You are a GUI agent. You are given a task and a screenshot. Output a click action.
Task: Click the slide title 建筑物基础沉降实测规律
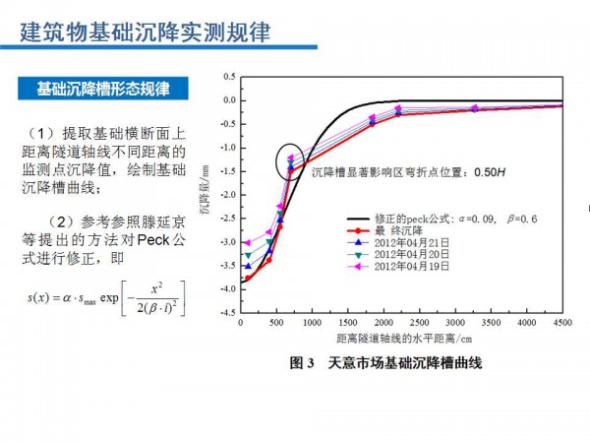click(x=145, y=32)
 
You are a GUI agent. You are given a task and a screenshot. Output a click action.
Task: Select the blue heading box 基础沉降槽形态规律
click(x=103, y=89)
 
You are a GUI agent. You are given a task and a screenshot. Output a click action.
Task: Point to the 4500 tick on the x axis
click(x=561, y=323)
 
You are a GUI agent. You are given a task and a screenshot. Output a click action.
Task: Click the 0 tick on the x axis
click(x=240, y=323)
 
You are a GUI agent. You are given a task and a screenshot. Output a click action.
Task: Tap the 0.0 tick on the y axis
click(x=229, y=100)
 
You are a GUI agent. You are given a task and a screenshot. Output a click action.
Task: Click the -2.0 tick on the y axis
click(x=227, y=195)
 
